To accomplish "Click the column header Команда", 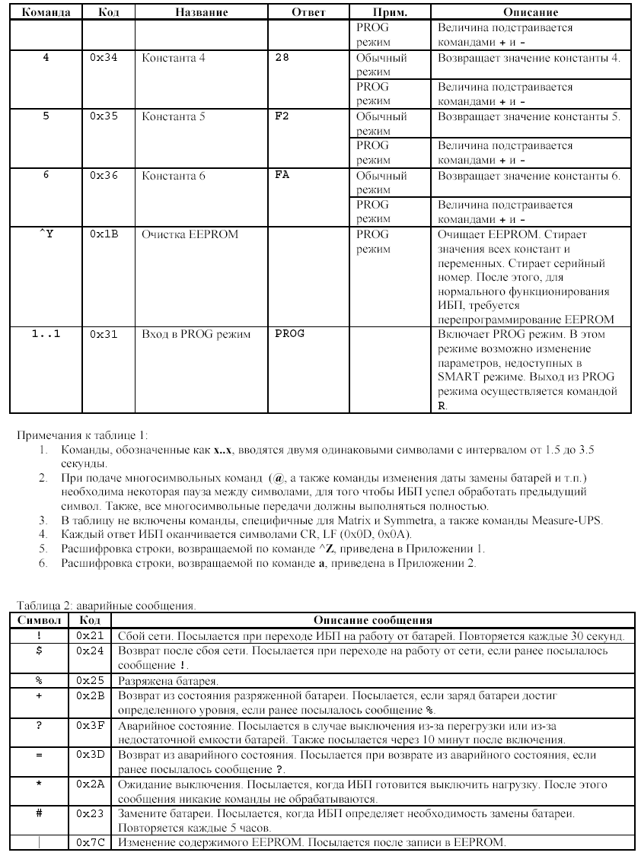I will [x=46, y=13].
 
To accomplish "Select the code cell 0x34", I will [x=103, y=58].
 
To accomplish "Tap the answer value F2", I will [x=282, y=117].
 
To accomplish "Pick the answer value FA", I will [x=282, y=176].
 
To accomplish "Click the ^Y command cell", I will [x=46, y=234].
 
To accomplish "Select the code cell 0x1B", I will [x=103, y=234].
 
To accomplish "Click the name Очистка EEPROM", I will [x=190, y=234].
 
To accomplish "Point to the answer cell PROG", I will [x=289, y=333].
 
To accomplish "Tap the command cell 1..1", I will [x=46, y=333].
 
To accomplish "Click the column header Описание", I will [x=531, y=13].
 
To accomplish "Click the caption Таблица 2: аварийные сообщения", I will [x=107, y=606].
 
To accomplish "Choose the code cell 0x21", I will [x=90, y=635].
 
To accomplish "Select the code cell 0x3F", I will [x=90, y=724].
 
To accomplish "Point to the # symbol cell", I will [x=39, y=813].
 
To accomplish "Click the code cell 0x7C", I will [x=90, y=842].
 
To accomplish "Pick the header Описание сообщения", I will [x=373, y=620].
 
